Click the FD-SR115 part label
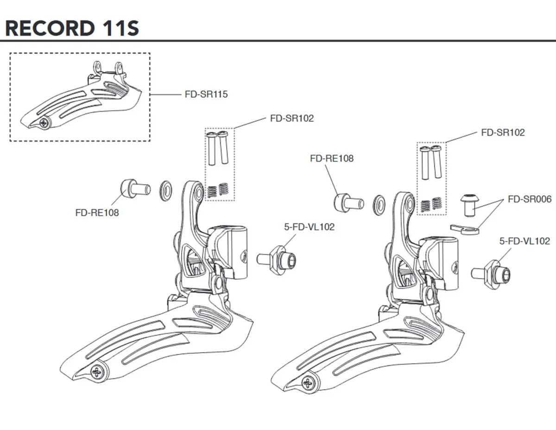[206, 95]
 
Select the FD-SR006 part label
[530, 199]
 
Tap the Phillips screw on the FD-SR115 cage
[44, 123]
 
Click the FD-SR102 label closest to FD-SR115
[292, 118]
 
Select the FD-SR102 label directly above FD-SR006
[503, 133]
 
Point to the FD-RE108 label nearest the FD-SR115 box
[97, 213]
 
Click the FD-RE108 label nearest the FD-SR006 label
[331, 158]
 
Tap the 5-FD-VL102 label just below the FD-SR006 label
[524, 241]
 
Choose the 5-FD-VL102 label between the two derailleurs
[309, 227]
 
